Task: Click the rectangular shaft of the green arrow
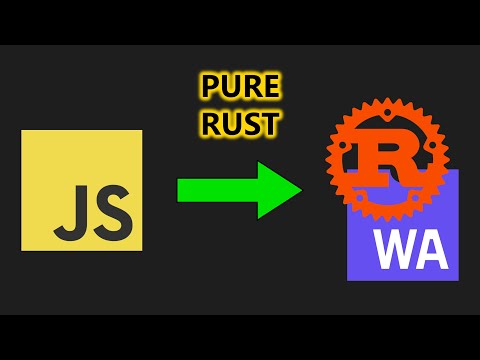pos(215,190)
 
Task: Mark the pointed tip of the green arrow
pos(300,190)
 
